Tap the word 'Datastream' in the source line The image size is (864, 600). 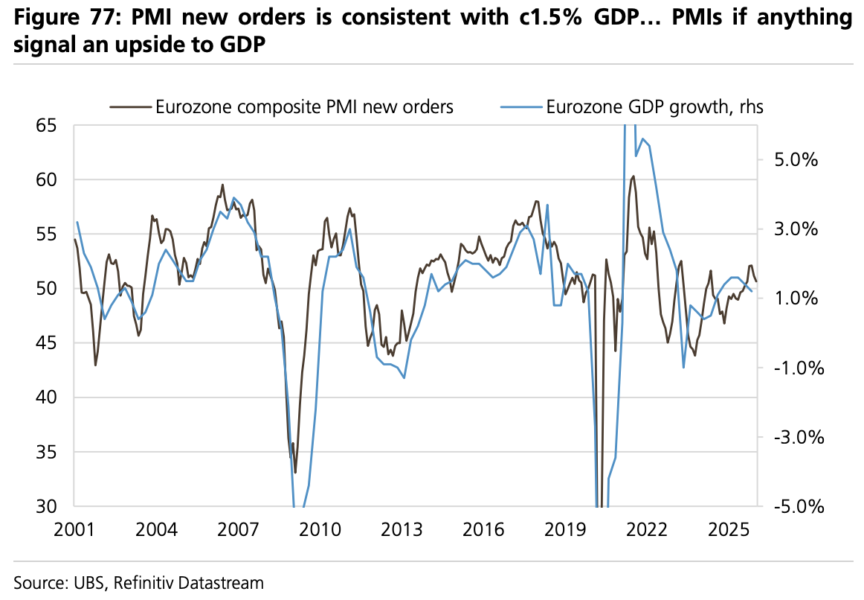tap(226, 581)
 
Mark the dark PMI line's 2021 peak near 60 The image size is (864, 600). tap(633, 176)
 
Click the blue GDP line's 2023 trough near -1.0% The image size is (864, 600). tap(683, 367)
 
